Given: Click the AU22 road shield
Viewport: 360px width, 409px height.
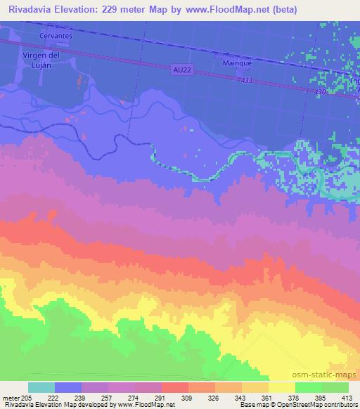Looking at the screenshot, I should coord(181,69).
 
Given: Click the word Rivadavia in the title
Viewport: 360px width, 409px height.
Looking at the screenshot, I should coord(28,10).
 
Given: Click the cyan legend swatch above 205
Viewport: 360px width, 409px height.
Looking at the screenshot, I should coord(41,387).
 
